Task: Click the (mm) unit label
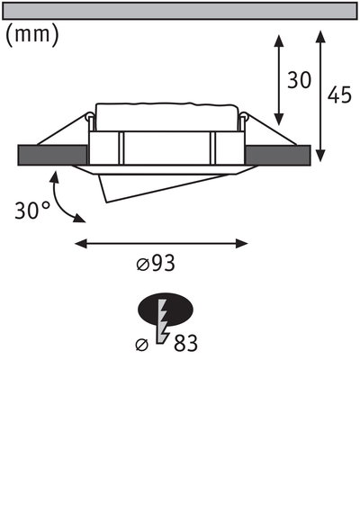[x=32, y=36]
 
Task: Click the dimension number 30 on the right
[x=299, y=80]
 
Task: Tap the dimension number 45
[x=339, y=94]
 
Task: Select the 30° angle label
[x=32, y=211]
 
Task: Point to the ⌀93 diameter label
[x=155, y=264]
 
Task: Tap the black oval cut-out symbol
[x=165, y=311]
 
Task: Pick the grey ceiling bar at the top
[x=180, y=11]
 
